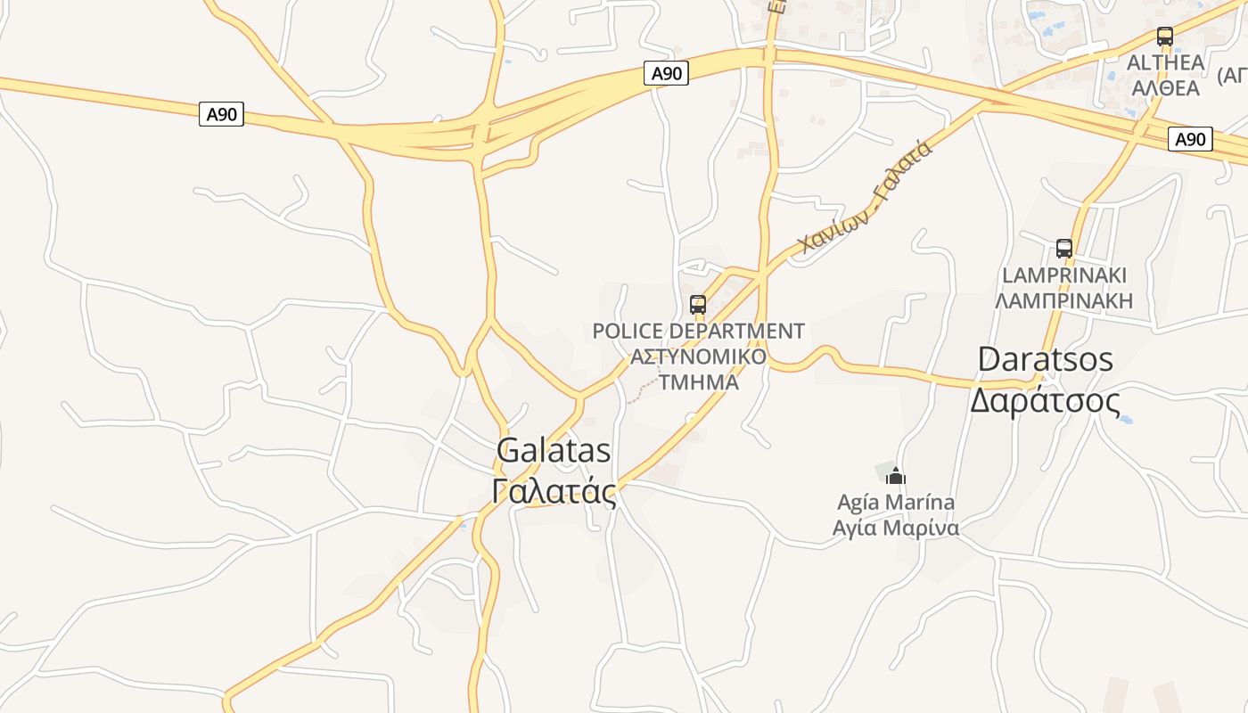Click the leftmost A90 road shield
[x=221, y=114]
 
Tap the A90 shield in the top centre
[x=666, y=73]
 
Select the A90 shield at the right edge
[x=1190, y=139]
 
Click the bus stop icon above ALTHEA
[x=1164, y=37]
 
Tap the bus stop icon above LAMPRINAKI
[x=1063, y=248]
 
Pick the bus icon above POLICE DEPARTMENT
[x=698, y=305]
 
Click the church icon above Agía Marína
[x=896, y=477]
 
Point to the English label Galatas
[x=554, y=451]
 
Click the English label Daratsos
[x=1046, y=359]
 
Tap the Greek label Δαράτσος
[x=1045, y=401]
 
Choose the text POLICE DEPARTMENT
[x=698, y=332]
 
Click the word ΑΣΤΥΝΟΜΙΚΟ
[x=698, y=356]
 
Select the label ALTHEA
[x=1165, y=62]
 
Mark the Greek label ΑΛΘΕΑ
[x=1165, y=87]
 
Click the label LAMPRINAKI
[x=1064, y=275]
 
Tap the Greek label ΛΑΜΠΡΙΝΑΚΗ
[x=1064, y=300]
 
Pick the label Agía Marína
[x=896, y=503]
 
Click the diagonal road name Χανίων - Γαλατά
[x=865, y=197]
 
